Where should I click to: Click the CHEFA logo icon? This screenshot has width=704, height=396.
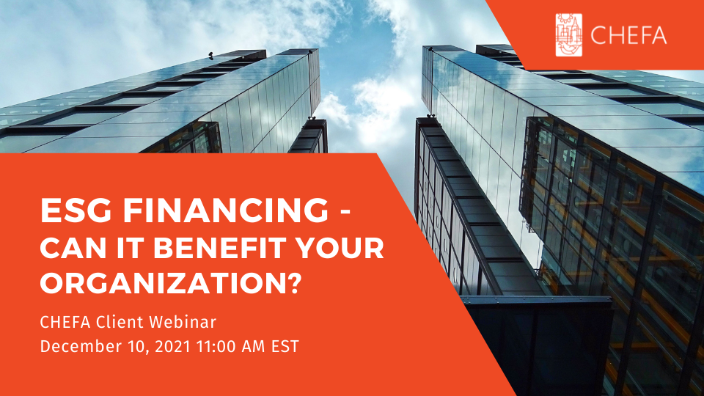click(569, 35)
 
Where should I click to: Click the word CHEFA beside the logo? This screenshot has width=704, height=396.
click(628, 35)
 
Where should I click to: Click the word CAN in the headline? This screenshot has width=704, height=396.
click(73, 248)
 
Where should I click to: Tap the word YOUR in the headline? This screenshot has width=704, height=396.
click(340, 248)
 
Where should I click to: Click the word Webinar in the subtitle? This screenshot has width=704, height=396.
click(183, 322)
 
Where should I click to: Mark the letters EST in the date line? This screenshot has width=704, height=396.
click(285, 347)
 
